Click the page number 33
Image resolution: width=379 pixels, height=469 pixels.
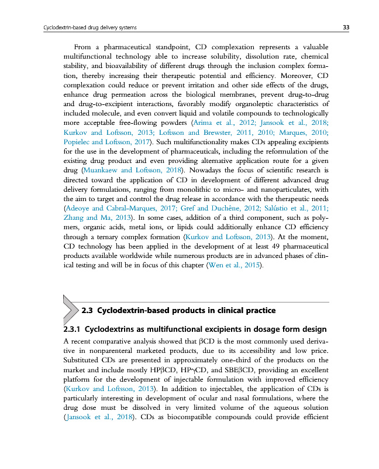(x=346, y=28)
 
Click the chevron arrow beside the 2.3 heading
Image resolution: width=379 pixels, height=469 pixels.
(x=70, y=309)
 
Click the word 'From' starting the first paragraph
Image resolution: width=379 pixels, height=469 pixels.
(x=86, y=47)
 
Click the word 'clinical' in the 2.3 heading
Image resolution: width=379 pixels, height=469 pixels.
(x=229, y=310)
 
